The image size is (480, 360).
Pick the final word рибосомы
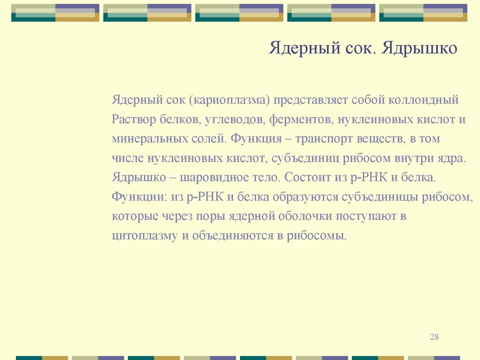pyautogui.click(x=317, y=236)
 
